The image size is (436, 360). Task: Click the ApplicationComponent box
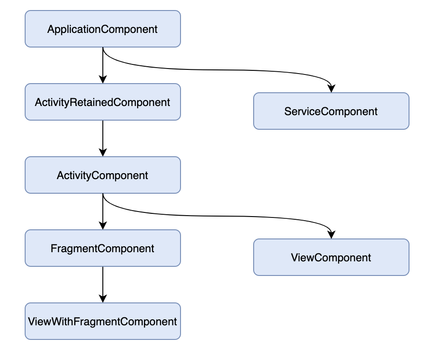[103, 29]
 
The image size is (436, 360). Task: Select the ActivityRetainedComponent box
[103, 102]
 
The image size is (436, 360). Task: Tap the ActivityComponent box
[103, 175]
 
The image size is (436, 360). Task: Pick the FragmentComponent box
[103, 248]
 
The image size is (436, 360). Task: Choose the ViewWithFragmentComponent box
[103, 321]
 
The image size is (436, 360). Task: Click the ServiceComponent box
[331, 111]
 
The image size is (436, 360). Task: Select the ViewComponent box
[331, 257]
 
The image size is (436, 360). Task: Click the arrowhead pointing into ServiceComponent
[331, 89]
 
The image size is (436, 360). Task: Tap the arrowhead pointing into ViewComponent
[331, 235]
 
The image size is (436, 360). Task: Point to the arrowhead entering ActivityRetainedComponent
[103, 79]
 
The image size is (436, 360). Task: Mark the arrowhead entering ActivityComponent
[103, 152]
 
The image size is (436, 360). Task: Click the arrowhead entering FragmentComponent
[103, 225]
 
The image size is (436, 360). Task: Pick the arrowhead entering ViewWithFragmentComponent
[103, 299]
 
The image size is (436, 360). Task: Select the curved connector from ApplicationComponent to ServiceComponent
[217, 70]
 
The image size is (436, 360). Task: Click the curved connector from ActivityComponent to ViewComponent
[217, 216]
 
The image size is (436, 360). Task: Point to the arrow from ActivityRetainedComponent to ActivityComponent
[103, 138]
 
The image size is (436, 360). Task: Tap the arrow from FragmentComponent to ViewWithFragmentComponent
[103, 285]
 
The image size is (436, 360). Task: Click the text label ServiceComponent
[331, 111]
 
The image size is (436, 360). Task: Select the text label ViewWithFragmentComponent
[102, 322]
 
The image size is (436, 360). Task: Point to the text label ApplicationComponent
[102, 29]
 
